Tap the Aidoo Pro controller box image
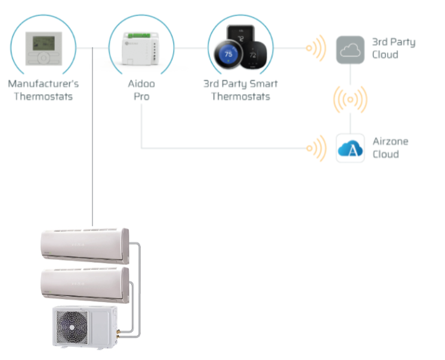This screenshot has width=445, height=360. click(x=141, y=47)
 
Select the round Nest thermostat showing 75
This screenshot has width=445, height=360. click(x=227, y=55)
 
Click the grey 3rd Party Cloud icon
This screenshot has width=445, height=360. click(x=350, y=50)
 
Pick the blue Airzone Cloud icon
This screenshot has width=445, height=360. click(x=350, y=148)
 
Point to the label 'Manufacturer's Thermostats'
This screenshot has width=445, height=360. click(x=44, y=90)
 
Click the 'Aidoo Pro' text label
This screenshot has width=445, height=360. click(x=141, y=90)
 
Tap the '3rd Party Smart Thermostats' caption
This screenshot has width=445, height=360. click(x=240, y=90)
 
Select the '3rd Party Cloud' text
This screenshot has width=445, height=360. click(x=393, y=48)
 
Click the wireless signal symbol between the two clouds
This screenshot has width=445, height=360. click(x=350, y=99)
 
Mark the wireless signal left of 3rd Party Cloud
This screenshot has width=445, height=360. click(x=316, y=48)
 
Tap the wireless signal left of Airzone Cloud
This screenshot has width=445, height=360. click(x=316, y=147)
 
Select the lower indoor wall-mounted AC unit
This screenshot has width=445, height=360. click(x=83, y=285)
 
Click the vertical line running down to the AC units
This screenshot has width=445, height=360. click(x=93, y=149)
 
